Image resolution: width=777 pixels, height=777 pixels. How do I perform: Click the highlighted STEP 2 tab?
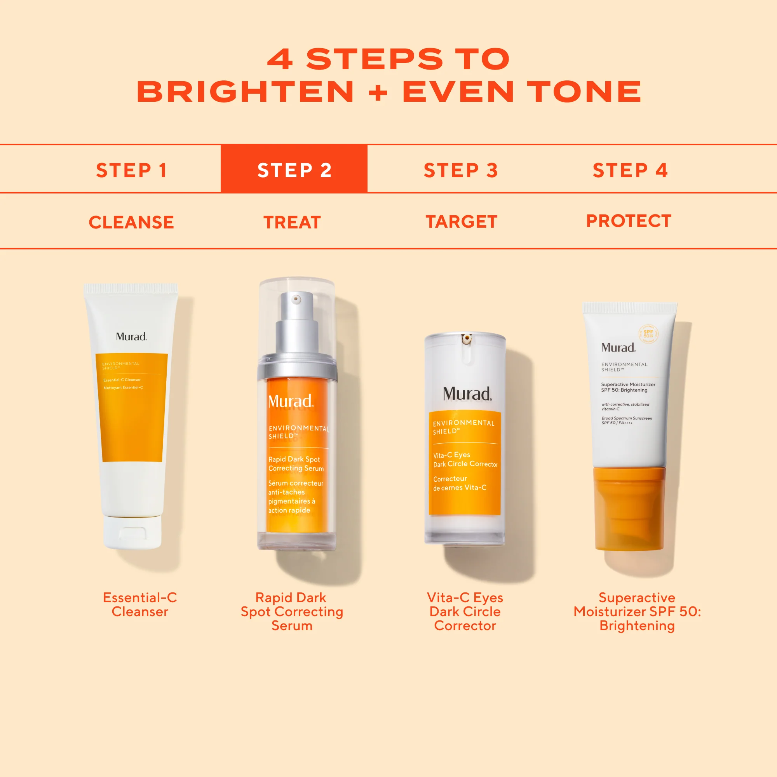[x=294, y=170]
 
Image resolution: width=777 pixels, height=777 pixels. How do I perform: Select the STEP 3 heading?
[x=461, y=170]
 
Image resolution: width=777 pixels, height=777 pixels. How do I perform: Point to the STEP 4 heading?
[x=630, y=170]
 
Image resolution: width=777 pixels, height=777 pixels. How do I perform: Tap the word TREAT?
[x=293, y=222]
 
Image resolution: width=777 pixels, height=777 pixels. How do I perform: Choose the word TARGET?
[x=461, y=221]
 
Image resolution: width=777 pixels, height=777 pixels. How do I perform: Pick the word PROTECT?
[x=629, y=221]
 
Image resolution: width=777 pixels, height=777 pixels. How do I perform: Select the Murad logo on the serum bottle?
[x=290, y=401]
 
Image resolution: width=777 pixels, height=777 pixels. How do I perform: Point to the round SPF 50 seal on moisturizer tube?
[x=648, y=334]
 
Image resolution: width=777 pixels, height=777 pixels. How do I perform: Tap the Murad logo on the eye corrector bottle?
[x=467, y=394]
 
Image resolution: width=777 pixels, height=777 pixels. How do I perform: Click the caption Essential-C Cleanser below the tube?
[x=139, y=605]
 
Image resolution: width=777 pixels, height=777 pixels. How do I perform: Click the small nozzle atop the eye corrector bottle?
[x=467, y=339]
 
